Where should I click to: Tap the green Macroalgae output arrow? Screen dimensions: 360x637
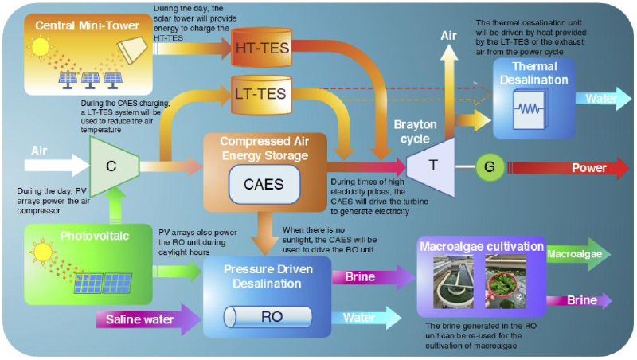578,255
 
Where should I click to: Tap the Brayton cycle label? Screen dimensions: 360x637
416,131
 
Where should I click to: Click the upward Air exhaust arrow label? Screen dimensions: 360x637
449,36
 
